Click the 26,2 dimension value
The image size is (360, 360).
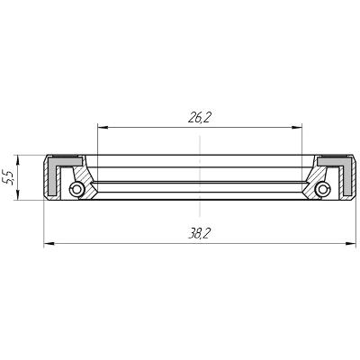coord(198,119)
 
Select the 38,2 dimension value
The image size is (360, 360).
coord(198,234)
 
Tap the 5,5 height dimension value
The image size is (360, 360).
coord(8,177)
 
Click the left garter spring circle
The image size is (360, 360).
coord(76,189)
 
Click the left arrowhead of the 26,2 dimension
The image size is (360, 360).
coord(103,128)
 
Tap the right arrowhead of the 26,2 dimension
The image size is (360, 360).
coord(297,128)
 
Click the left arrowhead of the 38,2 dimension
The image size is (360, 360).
coord(49,243)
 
